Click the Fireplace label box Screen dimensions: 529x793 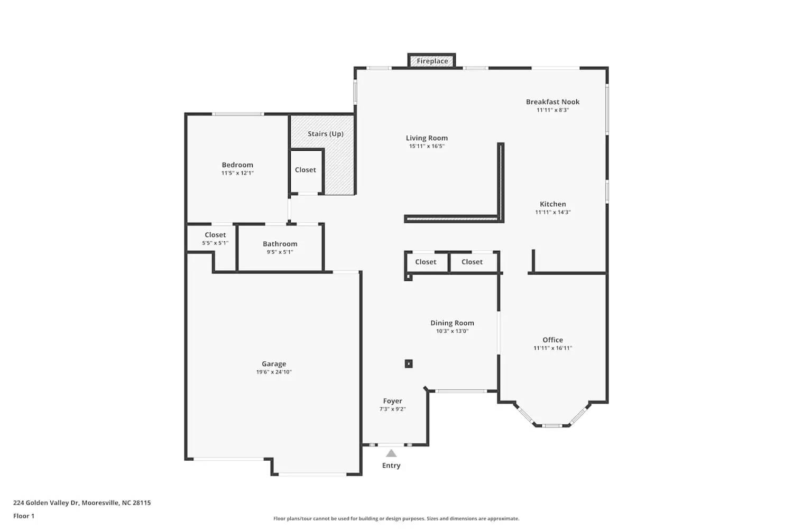432,61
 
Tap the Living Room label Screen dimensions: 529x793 427,138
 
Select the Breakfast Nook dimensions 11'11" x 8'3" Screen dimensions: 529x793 552,110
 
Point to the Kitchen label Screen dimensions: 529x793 552,204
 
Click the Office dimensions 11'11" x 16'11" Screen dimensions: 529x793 552,348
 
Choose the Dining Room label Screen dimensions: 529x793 452,323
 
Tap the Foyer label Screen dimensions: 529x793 392,401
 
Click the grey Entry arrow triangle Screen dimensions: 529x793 391,453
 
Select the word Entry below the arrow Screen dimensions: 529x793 391,466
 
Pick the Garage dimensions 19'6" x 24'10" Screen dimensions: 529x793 274,372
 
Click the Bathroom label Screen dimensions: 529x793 280,244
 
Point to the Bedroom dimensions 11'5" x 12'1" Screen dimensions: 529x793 237,173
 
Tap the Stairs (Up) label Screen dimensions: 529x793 326,134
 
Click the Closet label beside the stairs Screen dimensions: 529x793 306,170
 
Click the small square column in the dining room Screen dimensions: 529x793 409,363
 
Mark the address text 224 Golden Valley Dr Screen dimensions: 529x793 47,503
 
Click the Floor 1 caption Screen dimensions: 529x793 24,516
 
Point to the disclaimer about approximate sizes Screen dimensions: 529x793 396,518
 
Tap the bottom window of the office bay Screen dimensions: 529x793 552,425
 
